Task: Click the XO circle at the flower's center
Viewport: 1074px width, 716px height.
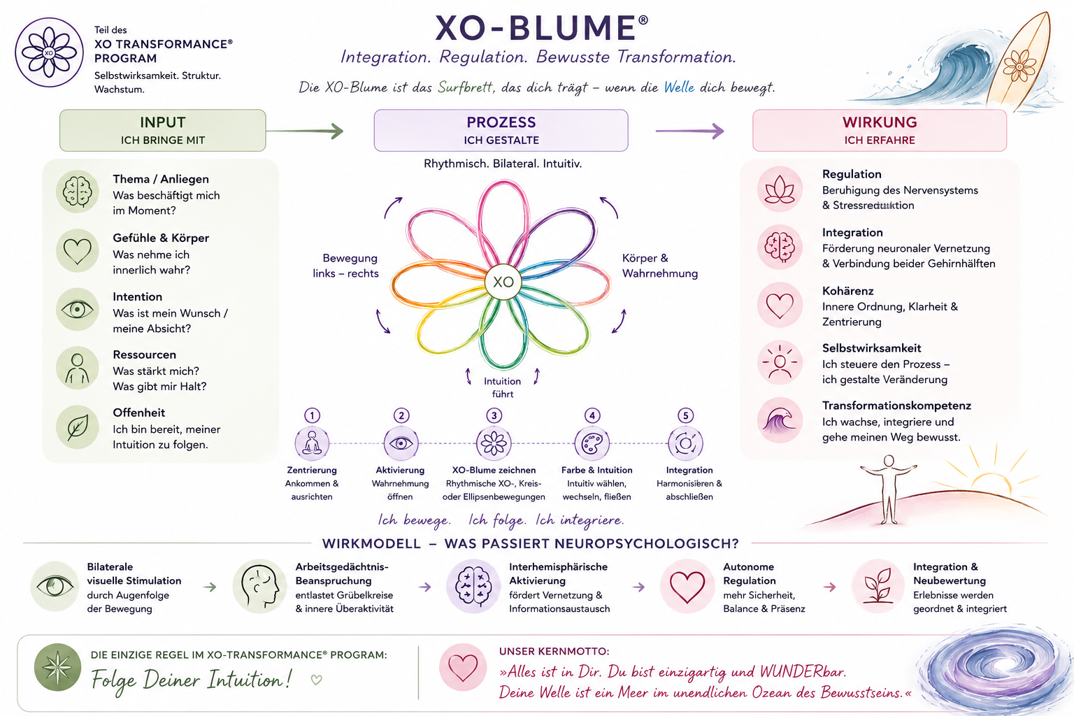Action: (x=503, y=282)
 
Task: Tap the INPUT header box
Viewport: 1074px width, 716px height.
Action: (x=162, y=131)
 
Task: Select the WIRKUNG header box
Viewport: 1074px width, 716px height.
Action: (x=880, y=131)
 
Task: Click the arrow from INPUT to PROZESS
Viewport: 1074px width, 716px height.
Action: (x=305, y=131)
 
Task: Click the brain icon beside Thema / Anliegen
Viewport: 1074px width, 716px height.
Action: (x=78, y=192)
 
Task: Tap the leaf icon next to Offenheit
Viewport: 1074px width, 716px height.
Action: (x=78, y=427)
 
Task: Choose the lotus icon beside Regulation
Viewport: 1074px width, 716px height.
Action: (x=780, y=189)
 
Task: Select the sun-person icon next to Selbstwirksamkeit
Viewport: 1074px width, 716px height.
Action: (x=780, y=363)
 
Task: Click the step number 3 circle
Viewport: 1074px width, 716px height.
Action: (x=494, y=415)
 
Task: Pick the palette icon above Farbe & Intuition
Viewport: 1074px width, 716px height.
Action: (x=592, y=443)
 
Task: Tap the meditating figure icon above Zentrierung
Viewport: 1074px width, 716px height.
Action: (x=312, y=443)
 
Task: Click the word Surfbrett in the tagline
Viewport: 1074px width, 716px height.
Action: (x=466, y=87)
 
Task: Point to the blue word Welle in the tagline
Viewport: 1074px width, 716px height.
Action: (x=679, y=87)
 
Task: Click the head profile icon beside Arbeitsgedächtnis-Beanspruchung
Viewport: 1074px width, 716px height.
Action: (x=260, y=586)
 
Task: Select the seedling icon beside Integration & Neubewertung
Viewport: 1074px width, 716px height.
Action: (x=878, y=586)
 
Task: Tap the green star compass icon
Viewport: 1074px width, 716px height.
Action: (x=57, y=667)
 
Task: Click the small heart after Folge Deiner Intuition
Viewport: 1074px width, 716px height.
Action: (x=317, y=680)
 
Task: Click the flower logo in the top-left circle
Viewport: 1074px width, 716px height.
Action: (x=49, y=52)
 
